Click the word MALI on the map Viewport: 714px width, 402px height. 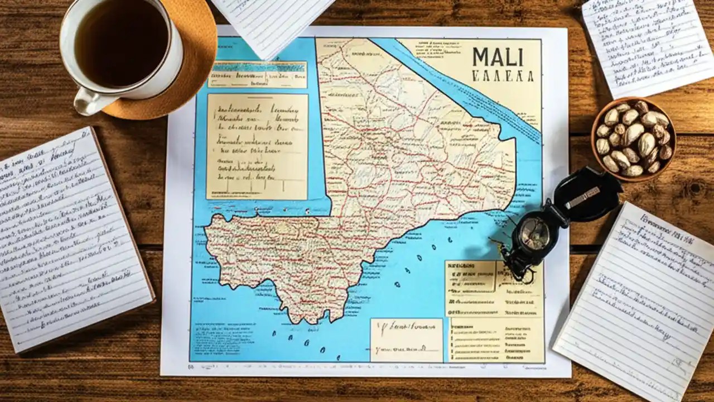click(498, 57)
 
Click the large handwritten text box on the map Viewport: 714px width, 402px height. click(257, 146)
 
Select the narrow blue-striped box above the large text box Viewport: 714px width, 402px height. click(257, 74)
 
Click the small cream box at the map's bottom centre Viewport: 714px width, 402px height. click(406, 339)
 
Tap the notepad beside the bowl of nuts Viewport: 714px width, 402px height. click(647, 45)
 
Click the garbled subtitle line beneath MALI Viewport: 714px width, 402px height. click(502, 76)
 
